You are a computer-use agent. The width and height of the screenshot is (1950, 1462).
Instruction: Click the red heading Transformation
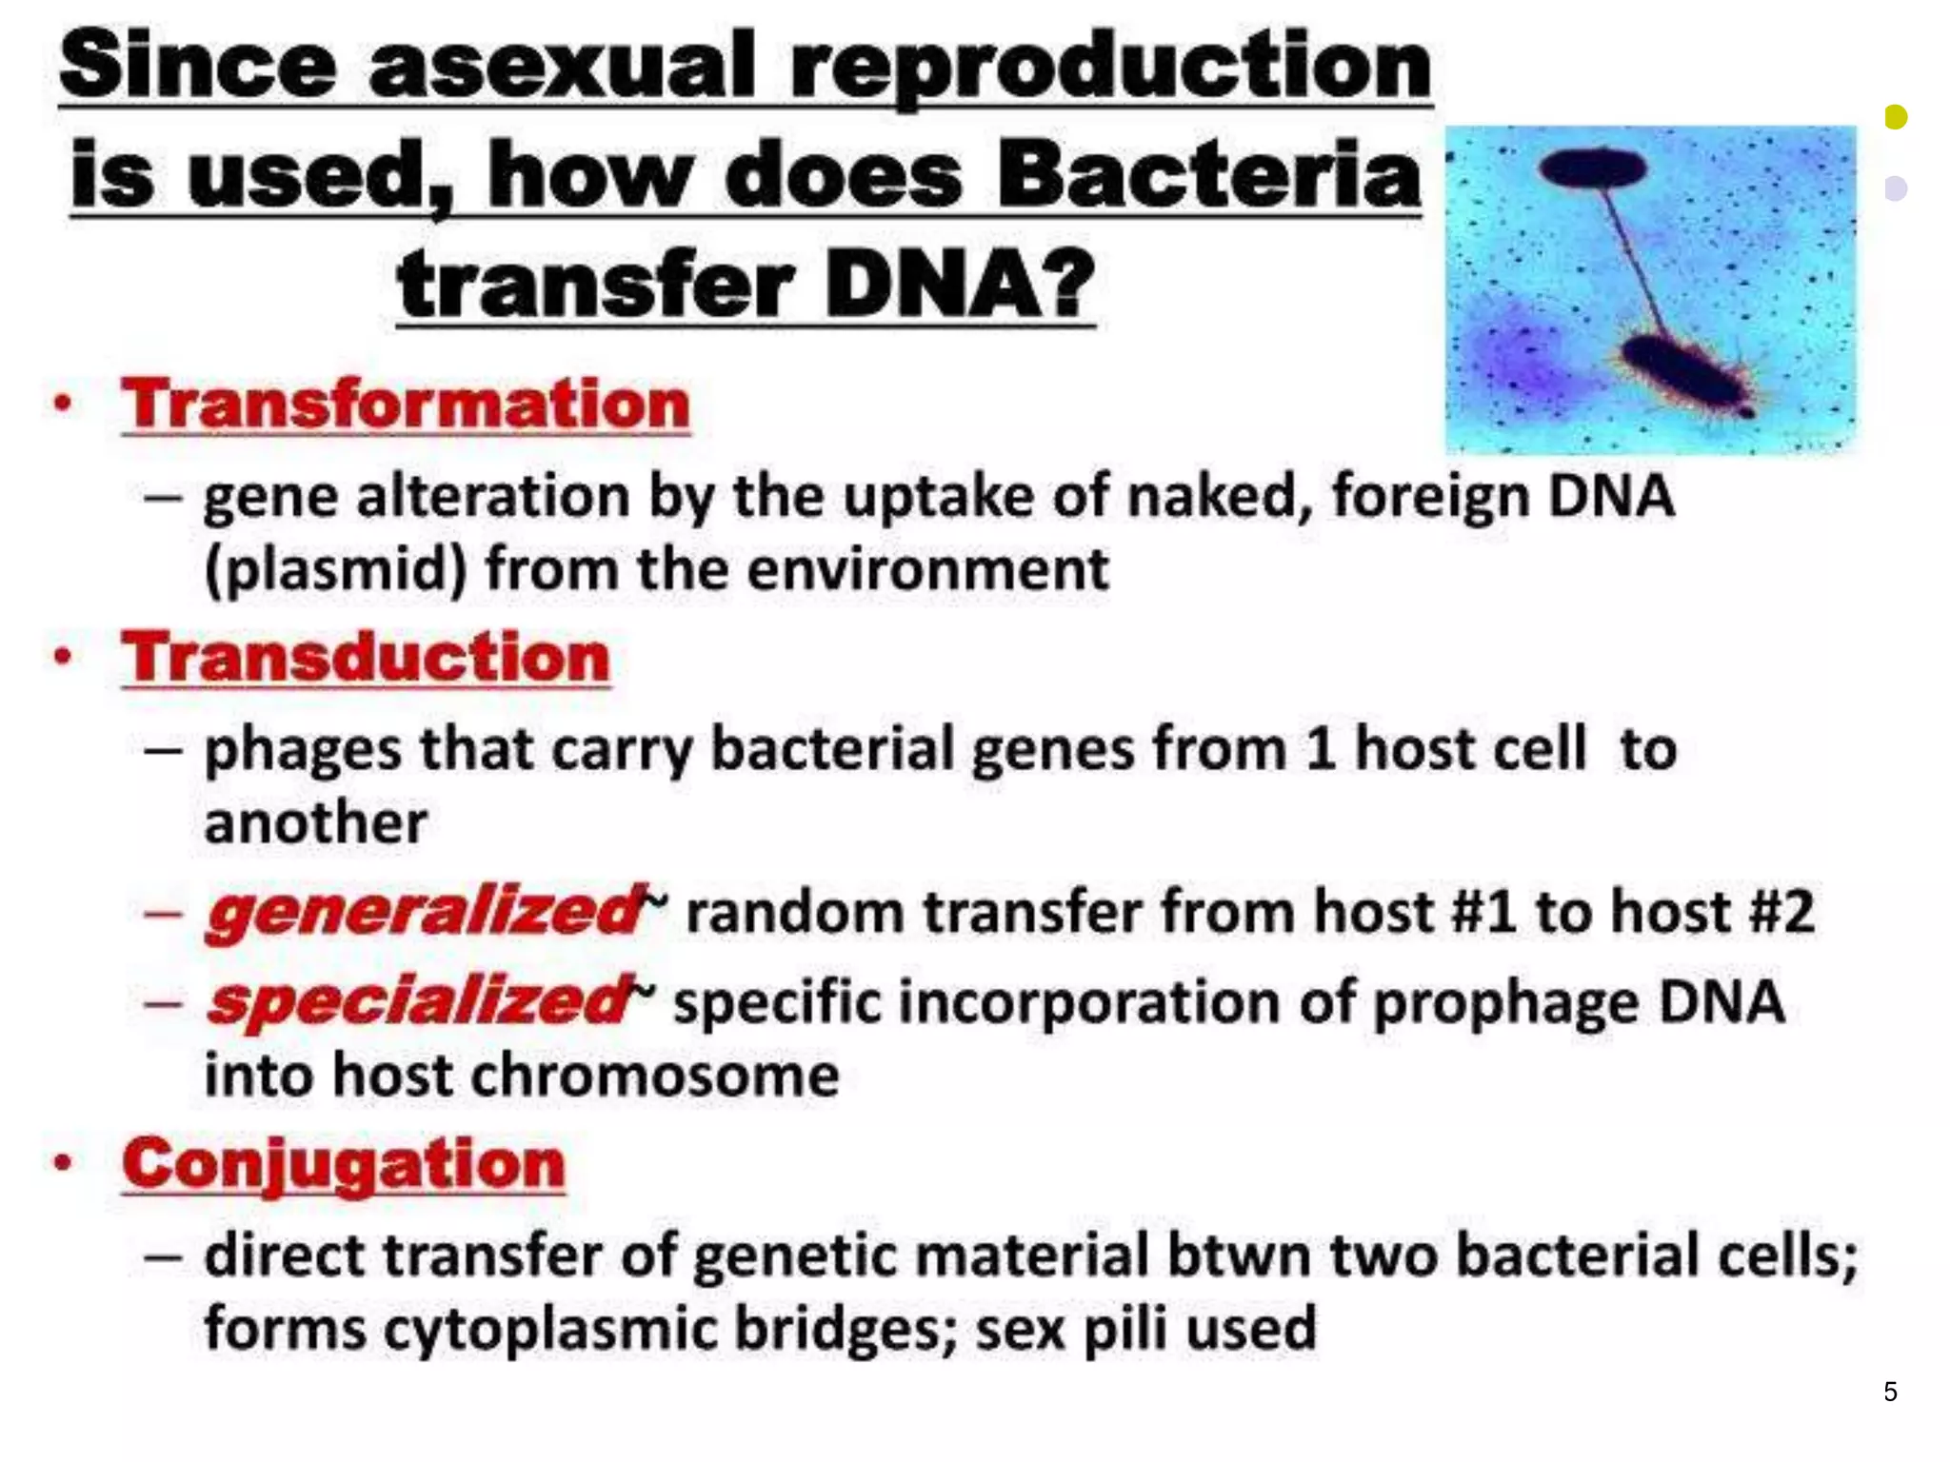point(405,405)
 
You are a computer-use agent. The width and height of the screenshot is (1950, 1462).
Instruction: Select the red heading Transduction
point(366,658)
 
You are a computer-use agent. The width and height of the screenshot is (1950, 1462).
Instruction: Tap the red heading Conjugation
point(343,1164)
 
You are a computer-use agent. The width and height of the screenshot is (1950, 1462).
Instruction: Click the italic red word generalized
point(425,912)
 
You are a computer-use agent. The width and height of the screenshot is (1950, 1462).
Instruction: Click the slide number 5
point(1890,1392)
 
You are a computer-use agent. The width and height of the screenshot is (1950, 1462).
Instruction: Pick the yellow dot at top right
point(1896,117)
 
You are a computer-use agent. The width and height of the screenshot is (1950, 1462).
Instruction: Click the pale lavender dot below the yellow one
point(1896,188)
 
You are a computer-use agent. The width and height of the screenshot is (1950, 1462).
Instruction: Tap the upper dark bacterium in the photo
point(1592,168)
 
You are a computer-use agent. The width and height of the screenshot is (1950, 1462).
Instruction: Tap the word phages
point(303,749)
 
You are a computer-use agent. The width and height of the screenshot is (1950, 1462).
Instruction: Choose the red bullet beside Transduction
point(63,657)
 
